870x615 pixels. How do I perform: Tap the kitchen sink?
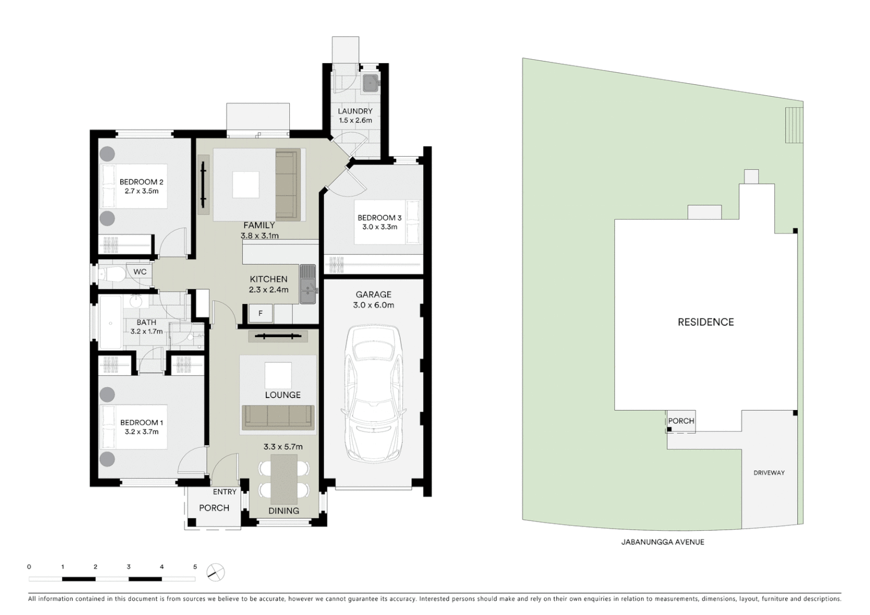pos(307,284)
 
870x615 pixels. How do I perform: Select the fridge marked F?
pos(261,313)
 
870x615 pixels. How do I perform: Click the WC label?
pos(140,272)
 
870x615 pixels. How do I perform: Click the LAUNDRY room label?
pos(355,111)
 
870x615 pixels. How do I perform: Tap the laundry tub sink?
pos(371,83)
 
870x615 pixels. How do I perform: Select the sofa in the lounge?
pos(278,417)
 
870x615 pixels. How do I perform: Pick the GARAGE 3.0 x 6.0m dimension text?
pos(374,305)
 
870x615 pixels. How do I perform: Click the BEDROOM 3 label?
pos(379,218)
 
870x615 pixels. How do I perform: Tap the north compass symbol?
pos(216,572)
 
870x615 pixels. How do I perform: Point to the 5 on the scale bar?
pos(195,567)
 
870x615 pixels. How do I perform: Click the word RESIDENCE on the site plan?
pos(705,322)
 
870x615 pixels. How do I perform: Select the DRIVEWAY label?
pos(769,473)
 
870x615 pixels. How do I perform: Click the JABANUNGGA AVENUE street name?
pos(662,542)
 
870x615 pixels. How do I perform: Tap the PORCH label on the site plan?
pos(681,421)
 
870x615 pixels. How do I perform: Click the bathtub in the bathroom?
pos(110,322)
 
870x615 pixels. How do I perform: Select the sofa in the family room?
pos(288,185)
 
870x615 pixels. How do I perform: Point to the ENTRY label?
pos(224,492)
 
